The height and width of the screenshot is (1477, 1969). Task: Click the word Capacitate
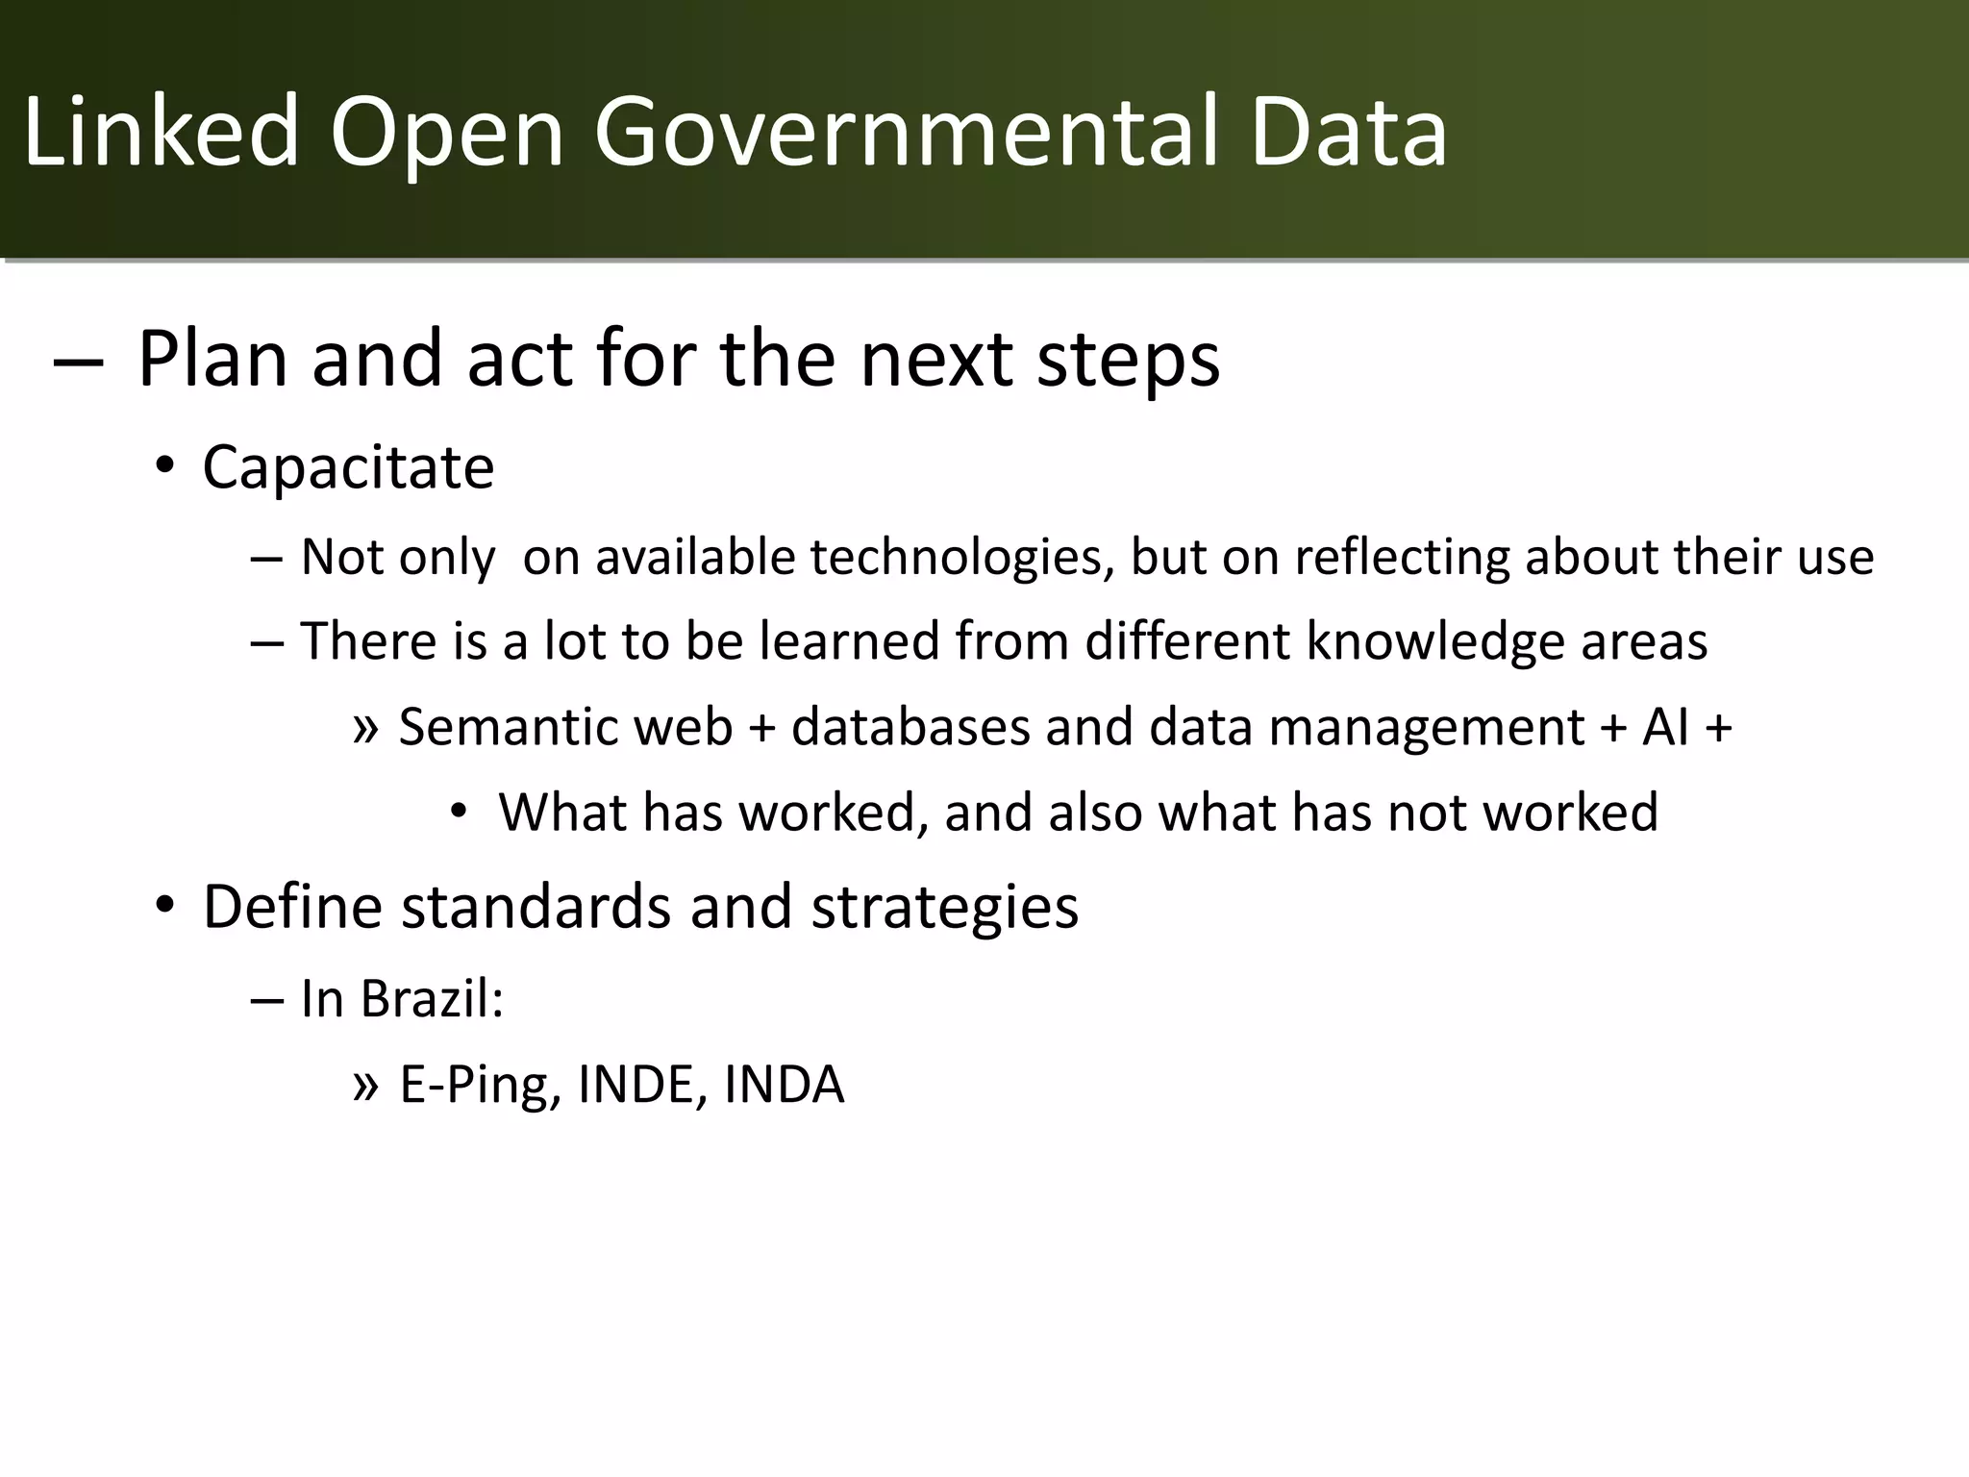click(348, 468)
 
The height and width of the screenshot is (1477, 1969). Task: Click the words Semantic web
click(565, 727)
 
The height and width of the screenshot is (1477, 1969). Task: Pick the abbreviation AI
click(1665, 727)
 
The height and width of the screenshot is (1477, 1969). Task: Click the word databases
click(910, 727)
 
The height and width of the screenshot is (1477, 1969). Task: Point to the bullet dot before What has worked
click(459, 814)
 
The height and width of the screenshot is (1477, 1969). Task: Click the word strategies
click(944, 907)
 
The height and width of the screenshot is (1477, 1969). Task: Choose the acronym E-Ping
click(480, 1086)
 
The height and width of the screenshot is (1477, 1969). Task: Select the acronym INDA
click(784, 1086)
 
